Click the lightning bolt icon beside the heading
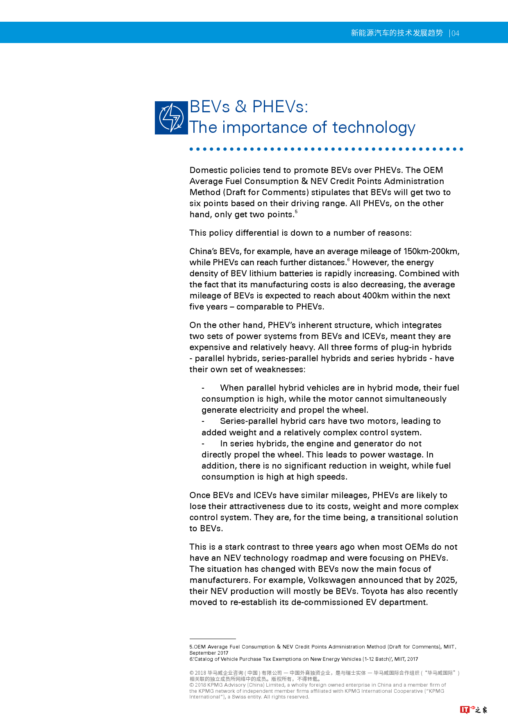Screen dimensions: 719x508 pyautogui.click(x=171, y=118)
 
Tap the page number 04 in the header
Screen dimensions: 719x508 pyautogui.click(x=456, y=33)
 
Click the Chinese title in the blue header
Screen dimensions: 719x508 pyautogui.click(x=397, y=33)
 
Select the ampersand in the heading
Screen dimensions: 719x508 pyautogui.click(x=241, y=107)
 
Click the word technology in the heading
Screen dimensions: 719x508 pyautogui.click(x=374, y=127)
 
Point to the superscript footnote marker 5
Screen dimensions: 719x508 pyautogui.click(x=296, y=212)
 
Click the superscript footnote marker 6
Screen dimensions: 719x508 pyautogui.click(x=349, y=259)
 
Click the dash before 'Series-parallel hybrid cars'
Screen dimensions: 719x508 pyautogui.click(x=203, y=421)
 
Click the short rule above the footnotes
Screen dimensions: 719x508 pyautogui.click(x=213, y=639)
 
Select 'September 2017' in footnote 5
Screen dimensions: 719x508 pyautogui.click(x=209, y=653)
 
